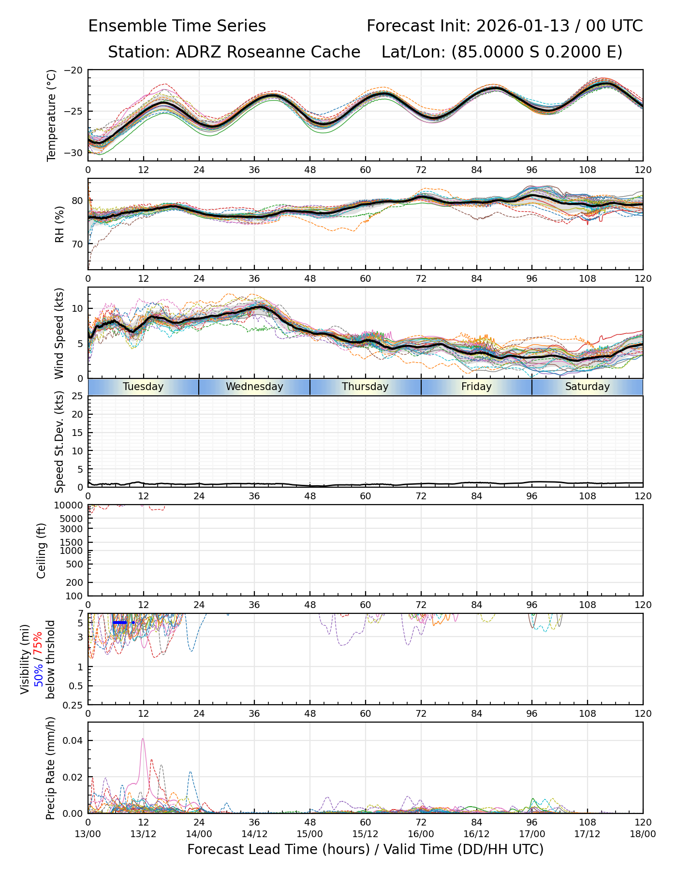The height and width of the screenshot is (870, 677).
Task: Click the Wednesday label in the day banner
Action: [254, 387]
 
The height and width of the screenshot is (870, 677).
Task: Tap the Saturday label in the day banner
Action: [587, 387]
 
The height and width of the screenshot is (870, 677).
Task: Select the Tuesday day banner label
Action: [143, 387]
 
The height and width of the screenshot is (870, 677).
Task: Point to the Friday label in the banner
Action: [476, 387]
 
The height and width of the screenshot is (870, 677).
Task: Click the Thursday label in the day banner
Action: [365, 387]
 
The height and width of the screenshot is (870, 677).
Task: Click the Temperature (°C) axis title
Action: [52, 115]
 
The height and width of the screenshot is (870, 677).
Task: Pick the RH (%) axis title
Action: [59, 224]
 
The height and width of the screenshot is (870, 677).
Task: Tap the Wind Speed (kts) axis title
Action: [59, 333]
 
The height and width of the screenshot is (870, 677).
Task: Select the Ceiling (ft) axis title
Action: [42, 551]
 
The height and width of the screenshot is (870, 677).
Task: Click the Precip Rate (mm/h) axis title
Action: [50, 768]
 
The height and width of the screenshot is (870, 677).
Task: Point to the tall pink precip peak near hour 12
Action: [143, 739]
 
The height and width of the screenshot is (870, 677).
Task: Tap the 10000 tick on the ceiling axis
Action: [70, 505]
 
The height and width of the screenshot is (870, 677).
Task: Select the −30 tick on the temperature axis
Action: [76, 153]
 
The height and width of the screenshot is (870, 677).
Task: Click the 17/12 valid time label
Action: [587, 834]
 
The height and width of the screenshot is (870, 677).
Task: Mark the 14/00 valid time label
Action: [199, 834]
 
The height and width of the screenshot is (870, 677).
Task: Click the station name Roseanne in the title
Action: [260, 52]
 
